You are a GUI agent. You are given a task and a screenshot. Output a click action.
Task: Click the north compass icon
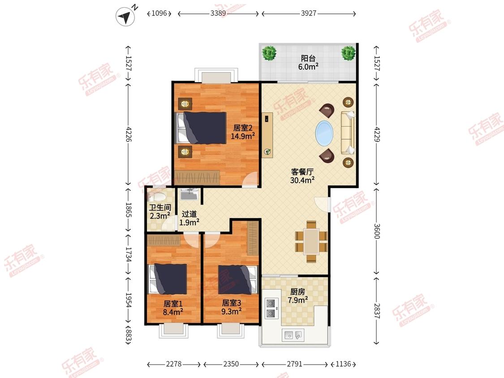pyautogui.click(x=125, y=17)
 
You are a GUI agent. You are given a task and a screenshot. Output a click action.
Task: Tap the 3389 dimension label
pyautogui.click(x=218, y=13)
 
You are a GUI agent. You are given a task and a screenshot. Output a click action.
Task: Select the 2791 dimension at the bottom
pyautogui.click(x=294, y=364)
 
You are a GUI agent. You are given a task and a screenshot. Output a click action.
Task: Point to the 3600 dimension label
pyautogui.click(x=377, y=231)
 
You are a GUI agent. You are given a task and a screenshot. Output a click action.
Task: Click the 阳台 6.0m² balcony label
pyautogui.click(x=308, y=63)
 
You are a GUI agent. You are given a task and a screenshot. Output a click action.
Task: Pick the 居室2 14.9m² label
pyautogui.click(x=243, y=132)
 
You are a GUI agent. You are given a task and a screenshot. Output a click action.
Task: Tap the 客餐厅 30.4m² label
pyautogui.click(x=302, y=176)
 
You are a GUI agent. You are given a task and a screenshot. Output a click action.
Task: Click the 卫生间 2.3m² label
pyautogui.click(x=160, y=212)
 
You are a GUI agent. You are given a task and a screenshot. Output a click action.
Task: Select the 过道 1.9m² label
pyautogui.click(x=189, y=218)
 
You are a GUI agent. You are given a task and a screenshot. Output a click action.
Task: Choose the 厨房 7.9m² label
pyautogui.click(x=297, y=296)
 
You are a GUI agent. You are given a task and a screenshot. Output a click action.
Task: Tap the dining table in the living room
pyautogui.click(x=311, y=242)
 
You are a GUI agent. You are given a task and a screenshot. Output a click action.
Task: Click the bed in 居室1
pyautogui.click(x=168, y=279)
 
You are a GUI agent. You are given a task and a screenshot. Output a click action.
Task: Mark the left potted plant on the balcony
pyautogui.click(x=269, y=53)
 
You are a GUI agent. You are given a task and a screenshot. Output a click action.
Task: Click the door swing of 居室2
pyautogui.click(x=250, y=180)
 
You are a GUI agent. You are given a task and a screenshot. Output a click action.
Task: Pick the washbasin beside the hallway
pyautogui.click(x=190, y=194)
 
